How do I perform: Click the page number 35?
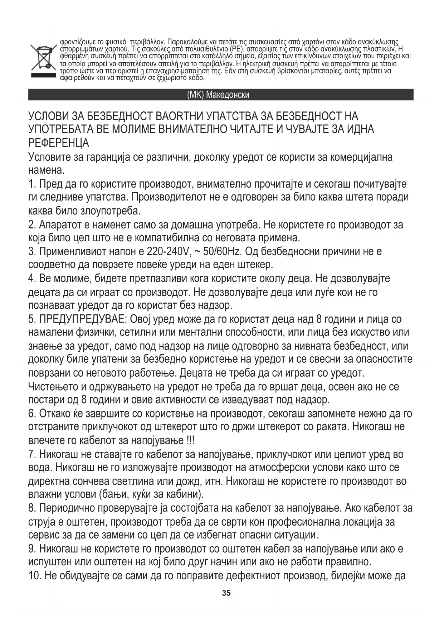(x=226, y=593)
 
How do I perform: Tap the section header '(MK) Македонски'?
(x=218, y=95)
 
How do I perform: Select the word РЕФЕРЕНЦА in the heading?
(x=59, y=143)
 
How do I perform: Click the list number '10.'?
(x=35, y=576)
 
